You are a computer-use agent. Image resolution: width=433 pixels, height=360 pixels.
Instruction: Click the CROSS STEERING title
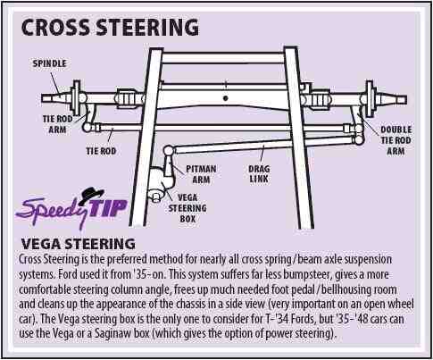[110, 28]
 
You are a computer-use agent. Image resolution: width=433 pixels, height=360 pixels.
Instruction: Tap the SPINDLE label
[49, 63]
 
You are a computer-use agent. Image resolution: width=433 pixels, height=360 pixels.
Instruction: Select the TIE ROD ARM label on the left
[57, 124]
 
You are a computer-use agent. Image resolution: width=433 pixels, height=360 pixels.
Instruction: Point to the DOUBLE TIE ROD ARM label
[396, 140]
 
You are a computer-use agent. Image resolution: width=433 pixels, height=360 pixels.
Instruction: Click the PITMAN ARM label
[201, 174]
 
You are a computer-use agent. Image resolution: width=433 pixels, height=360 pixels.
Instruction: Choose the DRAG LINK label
[259, 174]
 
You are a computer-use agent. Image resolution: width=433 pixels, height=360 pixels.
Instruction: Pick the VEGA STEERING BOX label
[187, 208]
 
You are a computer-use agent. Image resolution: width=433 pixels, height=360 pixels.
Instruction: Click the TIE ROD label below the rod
[101, 151]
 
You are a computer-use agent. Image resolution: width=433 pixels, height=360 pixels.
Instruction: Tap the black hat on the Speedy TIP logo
[91, 195]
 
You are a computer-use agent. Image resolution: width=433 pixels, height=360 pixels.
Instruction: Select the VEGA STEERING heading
[78, 244]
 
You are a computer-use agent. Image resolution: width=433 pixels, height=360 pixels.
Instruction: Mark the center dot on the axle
[226, 98]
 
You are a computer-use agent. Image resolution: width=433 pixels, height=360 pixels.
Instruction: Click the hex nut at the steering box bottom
[156, 197]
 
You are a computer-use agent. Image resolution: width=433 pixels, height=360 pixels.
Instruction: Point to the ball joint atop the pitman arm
[169, 150]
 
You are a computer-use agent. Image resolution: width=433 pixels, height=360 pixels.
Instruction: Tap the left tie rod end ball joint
[87, 128]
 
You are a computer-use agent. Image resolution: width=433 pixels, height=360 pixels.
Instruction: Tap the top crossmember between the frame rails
[222, 58]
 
